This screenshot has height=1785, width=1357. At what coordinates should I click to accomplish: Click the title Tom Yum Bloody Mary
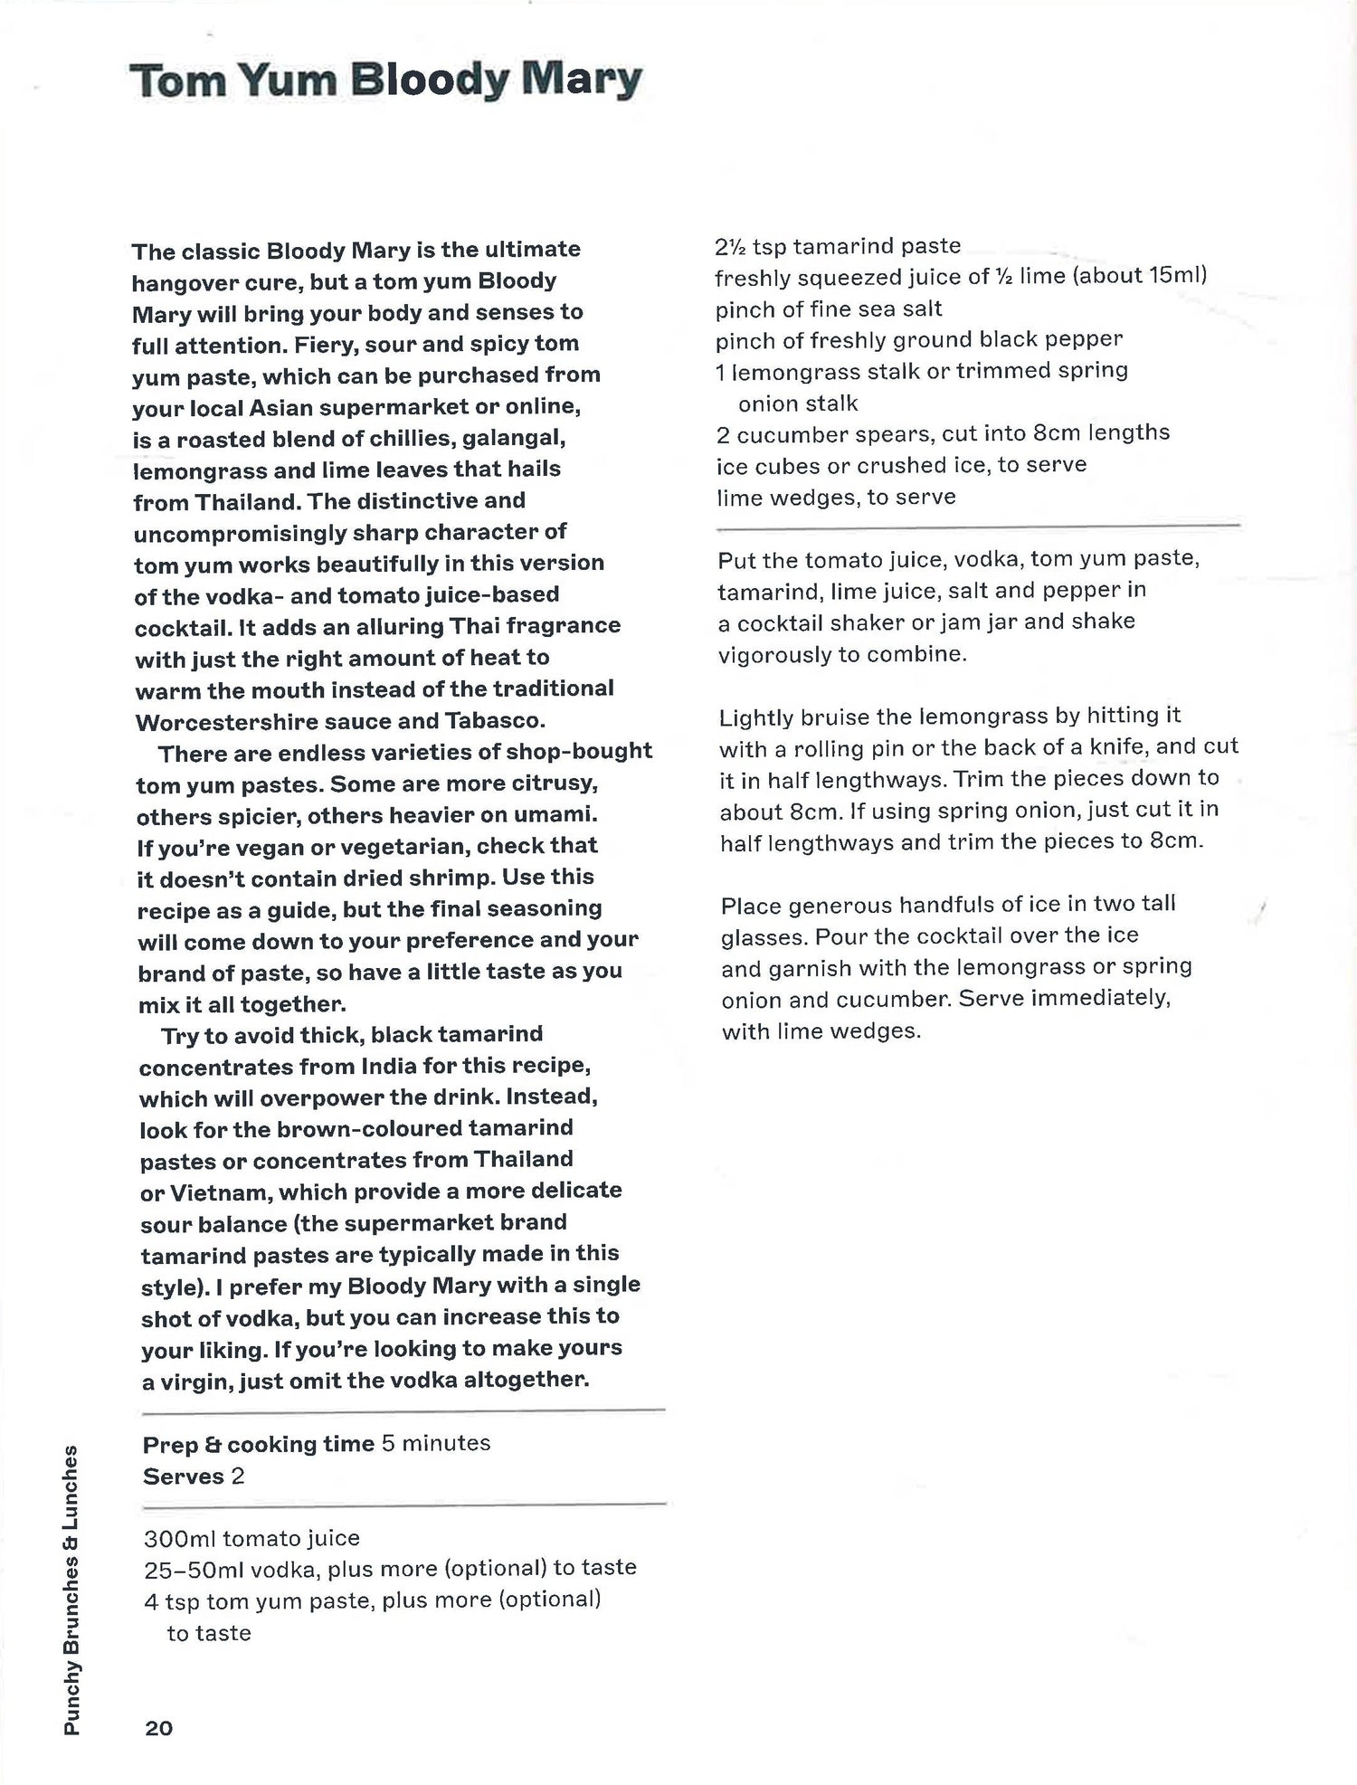(386, 81)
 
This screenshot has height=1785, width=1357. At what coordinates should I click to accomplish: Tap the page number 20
(158, 1728)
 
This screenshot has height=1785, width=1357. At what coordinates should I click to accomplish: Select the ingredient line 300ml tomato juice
(251, 1538)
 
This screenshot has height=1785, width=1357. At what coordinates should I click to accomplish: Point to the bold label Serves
(183, 1476)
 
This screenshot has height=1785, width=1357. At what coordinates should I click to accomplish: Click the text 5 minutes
(436, 1442)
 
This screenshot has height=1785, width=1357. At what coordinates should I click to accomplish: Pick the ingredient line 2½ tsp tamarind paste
(838, 246)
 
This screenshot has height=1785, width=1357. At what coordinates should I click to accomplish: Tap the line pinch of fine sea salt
(829, 309)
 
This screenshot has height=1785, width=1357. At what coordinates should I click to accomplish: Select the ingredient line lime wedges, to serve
(836, 497)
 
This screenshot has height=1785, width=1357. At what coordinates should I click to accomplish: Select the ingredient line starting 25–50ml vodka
(390, 1568)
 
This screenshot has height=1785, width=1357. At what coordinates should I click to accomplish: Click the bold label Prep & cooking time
(258, 1443)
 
